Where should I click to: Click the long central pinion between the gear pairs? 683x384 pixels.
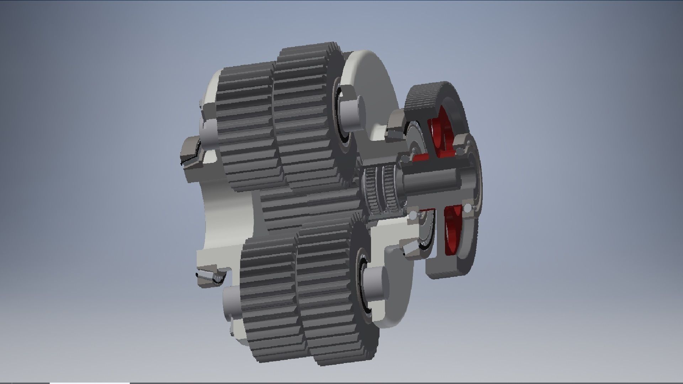pos(309,206)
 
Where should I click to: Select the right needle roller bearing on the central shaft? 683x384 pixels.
pos(391,190)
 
